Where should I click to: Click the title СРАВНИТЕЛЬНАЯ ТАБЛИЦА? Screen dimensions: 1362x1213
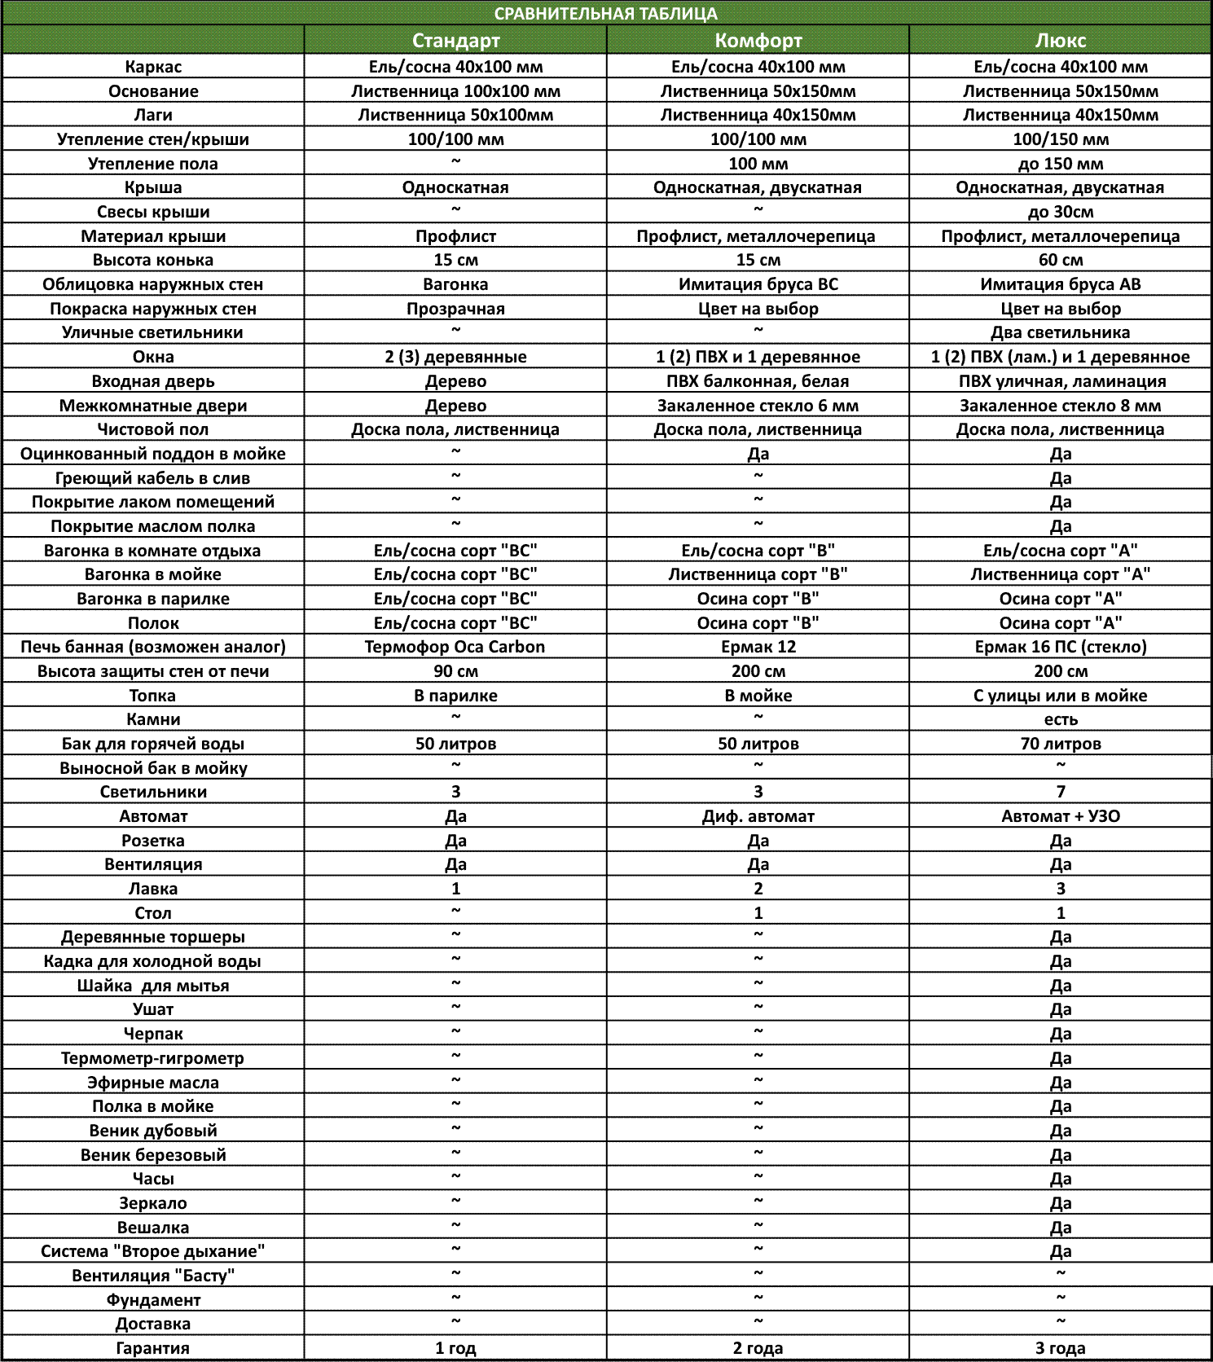click(x=606, y=14)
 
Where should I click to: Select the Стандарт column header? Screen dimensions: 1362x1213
click(x=455, y=41)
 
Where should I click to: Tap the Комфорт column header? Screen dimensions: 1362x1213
click(x=758, y=41)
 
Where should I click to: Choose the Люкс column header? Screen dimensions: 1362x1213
click(x=1060, y=41)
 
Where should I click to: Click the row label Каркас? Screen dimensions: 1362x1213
click(x=153, y=67)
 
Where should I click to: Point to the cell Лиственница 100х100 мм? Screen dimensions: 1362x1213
click(x=455, y=91)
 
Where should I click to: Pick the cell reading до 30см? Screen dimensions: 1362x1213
click(x=1060, y=212)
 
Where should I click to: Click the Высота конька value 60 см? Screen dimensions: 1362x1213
click(x=1060, y=260)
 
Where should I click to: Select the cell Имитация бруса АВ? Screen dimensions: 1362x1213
click(x=1060, y=284)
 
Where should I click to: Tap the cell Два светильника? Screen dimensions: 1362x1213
click(x=1060, y=332)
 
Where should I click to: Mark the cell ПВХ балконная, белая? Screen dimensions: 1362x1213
click(x=758, y=381)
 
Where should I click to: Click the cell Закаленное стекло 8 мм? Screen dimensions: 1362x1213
click(x=1060, y=406)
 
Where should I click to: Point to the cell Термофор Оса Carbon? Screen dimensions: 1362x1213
click(x=455, y=647)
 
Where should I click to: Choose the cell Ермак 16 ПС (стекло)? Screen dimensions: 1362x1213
click(x=1060, y=647)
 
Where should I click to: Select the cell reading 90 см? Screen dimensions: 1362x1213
click(x=455, y=671)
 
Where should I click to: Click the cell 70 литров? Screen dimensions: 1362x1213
click(x=1060, y=744)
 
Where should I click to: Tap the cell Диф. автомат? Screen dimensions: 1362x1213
click(x=758, y=816)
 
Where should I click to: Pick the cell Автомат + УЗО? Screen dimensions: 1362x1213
click(x=1060, y=816)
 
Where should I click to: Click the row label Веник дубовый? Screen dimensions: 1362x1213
click(x=153, y=1131)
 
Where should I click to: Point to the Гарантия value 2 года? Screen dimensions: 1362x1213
click(x=758, y=1348)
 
